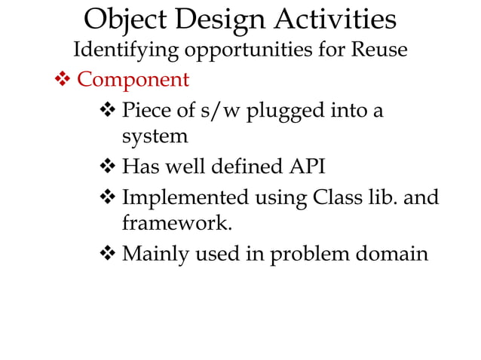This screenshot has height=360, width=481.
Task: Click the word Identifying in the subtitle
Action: (x=126, y=50)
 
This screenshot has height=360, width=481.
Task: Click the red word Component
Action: (x=133, y=78)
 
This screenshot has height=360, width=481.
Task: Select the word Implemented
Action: (x=185, y=198)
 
